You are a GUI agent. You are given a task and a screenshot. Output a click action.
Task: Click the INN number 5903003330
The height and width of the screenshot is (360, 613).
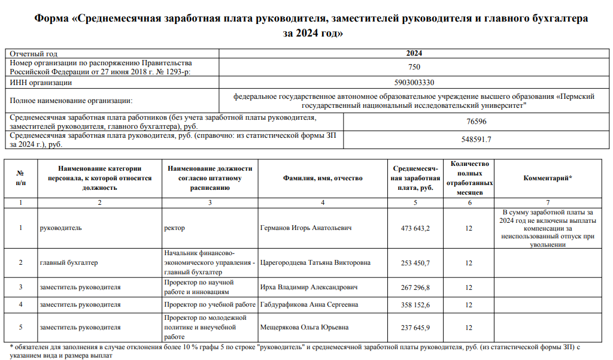tap(414, 83)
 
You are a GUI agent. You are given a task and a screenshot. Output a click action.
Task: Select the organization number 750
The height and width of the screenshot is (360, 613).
tap(414, 67)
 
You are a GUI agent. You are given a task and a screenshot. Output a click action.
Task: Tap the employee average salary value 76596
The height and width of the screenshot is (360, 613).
tap(476, 122)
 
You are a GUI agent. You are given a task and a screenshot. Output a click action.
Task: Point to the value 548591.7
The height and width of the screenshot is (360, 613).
tap(476, 140)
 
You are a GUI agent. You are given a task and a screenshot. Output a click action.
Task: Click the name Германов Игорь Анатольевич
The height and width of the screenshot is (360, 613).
tap(306, 228)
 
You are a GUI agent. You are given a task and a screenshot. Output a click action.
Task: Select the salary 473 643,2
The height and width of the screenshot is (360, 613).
tap(415, 228)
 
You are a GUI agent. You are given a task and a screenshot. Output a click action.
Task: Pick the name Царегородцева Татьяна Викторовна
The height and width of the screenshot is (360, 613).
tap(315, 263)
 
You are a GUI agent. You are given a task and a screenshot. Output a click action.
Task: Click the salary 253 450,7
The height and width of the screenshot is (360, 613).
tap(415, 263)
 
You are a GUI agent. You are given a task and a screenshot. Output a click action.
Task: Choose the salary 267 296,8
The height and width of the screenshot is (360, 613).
tap(415, 287)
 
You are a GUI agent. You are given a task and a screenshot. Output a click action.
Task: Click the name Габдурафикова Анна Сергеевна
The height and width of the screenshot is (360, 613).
tap(309, 305)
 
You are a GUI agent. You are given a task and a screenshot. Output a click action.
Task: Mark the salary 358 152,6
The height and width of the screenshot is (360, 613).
tap(415, 305)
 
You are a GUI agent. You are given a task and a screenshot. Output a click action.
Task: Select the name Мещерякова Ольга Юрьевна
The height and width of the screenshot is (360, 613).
tap(305, 328)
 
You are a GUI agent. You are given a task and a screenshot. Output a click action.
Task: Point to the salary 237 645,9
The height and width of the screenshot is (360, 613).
tap(415, 328)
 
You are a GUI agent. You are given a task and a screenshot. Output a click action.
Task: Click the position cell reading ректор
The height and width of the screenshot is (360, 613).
tap(174, 228)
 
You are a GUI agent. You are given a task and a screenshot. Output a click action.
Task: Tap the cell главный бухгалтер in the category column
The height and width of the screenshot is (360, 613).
tap(69, 263)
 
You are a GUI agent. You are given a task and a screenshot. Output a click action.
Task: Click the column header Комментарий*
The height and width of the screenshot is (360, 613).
tap(548, 179)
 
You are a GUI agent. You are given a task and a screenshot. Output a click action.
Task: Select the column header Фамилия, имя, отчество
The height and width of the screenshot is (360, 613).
tap(323, 179)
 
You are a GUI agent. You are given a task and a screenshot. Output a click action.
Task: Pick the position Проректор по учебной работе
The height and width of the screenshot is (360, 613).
tap(210, 305)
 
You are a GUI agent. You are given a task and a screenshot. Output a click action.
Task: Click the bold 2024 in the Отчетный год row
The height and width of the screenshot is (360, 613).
tap(414, 53)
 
